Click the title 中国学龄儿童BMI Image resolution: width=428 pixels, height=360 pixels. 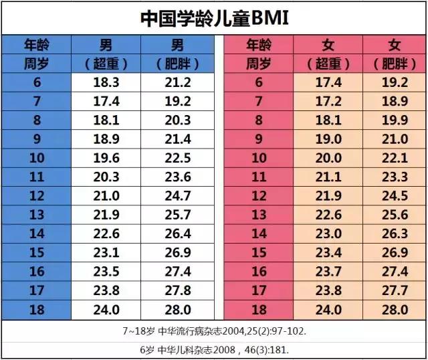(214, 18)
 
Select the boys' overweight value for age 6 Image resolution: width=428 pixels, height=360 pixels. (106, 83)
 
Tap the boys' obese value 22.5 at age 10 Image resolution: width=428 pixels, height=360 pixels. (177, 159)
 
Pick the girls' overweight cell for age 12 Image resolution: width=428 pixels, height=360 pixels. (328, 197)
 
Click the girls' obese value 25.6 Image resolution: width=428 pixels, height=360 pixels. (395, 215)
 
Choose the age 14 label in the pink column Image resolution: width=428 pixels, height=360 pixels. (258, 234)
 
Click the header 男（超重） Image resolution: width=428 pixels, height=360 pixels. (106, 55)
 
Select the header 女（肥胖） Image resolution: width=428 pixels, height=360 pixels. (395, 55)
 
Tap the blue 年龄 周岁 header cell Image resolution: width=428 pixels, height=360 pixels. (36, 55)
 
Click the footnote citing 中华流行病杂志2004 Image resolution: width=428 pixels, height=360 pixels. (214, 331)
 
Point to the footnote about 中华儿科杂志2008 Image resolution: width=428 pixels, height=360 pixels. (214, 349)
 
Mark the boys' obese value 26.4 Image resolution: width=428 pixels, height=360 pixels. (177, 234)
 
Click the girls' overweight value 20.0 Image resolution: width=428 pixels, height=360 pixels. (328, 159)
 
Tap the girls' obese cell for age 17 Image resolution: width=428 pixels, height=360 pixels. (395, 291)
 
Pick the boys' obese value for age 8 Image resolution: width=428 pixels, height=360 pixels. (177, 120)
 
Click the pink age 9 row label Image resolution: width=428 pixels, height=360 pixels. (258, 140)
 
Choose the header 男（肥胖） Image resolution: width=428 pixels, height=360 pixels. (177, 55)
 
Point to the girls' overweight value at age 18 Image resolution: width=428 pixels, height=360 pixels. (328, 310)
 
